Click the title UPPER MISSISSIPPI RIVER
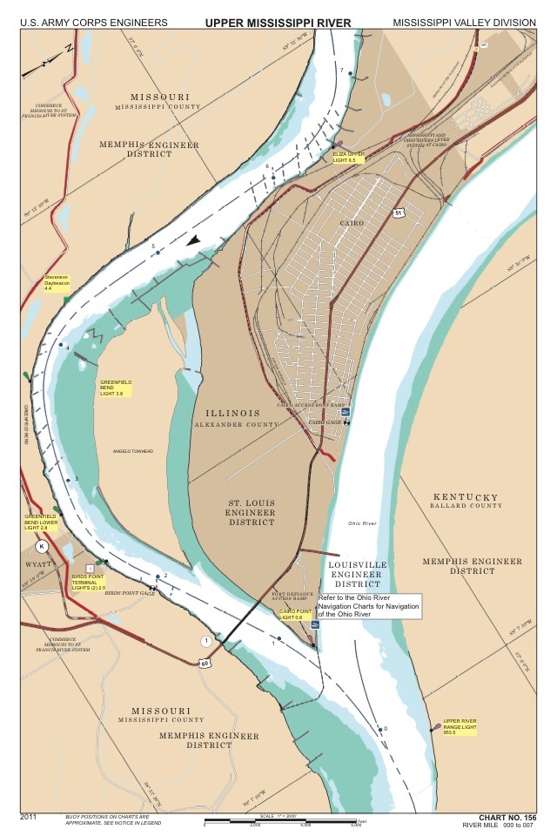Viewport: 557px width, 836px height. (278, 21)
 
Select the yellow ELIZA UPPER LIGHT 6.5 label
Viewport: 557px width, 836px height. (350, 157)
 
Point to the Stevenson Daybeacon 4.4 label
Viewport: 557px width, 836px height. (59, 282)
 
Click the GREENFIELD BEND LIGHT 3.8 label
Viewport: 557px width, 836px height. (117, 388)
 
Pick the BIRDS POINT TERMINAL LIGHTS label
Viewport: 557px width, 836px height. (90, 581)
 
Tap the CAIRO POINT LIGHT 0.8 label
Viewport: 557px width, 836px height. (294, 615)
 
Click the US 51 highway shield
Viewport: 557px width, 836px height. (398, 212)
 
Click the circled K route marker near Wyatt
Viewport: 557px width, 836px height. (41, 546)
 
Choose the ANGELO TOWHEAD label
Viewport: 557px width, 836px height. (133, 450)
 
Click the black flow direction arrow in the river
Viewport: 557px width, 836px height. (198, 240)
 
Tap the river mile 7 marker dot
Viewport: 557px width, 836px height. (351, 75)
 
